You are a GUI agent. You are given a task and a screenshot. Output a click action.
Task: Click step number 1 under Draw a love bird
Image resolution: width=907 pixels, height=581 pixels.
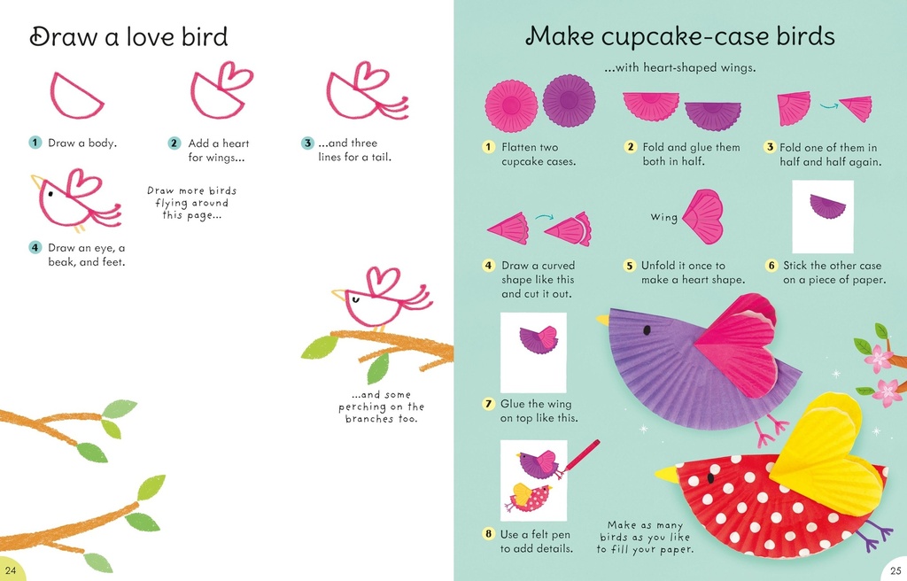(35, 143)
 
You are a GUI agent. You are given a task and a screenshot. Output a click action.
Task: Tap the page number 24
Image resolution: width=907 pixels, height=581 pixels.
(11, 569)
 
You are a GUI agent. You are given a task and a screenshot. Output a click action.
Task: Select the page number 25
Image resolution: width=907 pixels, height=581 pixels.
(894, 569)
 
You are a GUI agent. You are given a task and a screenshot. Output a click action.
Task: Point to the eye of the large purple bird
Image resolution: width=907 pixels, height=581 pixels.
(647, 329)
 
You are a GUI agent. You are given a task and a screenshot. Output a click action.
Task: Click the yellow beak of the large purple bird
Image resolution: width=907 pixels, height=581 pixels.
(603, 319)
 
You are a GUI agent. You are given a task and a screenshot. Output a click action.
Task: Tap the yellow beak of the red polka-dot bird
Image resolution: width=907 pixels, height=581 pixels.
(666, 475)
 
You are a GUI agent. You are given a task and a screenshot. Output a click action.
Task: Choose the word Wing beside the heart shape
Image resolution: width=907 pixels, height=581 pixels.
(663, 217)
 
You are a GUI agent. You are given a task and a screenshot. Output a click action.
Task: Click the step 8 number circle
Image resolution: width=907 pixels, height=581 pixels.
(488, 534)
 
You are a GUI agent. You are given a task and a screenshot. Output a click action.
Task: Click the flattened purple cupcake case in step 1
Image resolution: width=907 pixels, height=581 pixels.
(569, 100)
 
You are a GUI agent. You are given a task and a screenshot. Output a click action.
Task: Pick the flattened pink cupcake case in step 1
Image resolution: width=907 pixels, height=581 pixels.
(511, 105)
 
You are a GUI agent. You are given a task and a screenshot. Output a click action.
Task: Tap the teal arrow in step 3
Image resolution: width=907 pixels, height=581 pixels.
(828, 105)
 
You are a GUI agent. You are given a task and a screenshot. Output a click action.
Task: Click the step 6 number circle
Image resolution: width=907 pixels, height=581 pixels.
(771, 265)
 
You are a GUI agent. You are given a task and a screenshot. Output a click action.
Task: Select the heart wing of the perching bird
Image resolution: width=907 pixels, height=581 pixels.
(383, 283)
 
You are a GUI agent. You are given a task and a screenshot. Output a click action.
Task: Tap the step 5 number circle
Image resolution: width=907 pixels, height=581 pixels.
(630, 265)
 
